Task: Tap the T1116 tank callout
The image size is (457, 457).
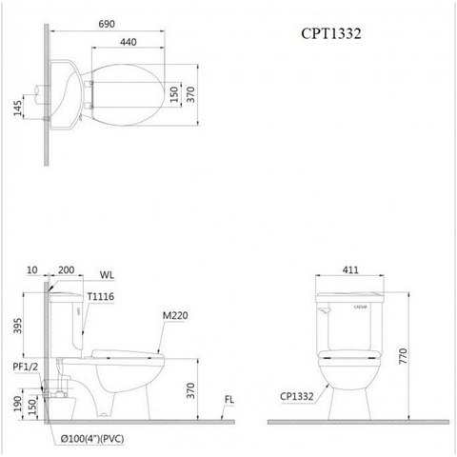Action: (102, 297)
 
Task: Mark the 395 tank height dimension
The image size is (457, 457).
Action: (16, 327)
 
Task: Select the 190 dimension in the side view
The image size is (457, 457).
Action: (16, 405)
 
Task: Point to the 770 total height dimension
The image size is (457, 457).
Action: (414, 356)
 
